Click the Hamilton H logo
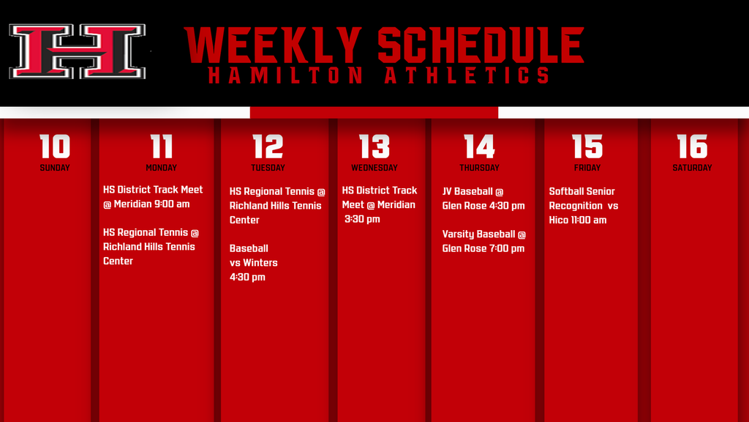pos(78,51)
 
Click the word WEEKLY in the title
pos(274,45)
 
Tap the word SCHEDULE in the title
pos(481,45)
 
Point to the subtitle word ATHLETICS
pos(467,75)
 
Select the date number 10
pos(55,146)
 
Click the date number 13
pos(374,146)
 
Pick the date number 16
pos(692,146)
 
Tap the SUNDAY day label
pos(55,168)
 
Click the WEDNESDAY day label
pos(374,168)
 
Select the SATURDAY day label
pos(692,168)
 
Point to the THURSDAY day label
pos(480,168)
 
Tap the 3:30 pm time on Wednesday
pos(362,219)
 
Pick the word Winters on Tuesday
pos(260,263)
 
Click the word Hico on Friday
pos(558,220)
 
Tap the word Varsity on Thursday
pos(459,234)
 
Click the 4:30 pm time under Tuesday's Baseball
pos(247,277)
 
